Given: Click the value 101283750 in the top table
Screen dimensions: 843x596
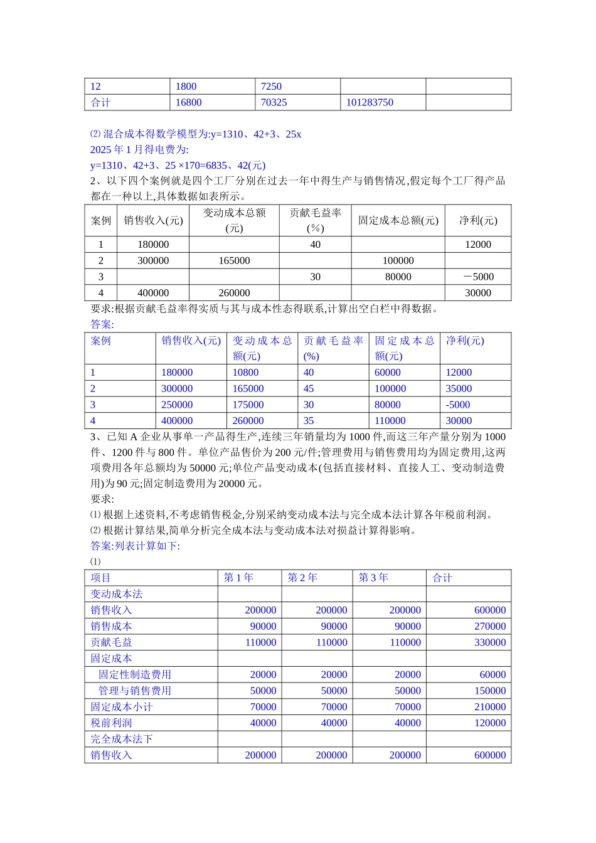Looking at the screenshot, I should (x=370, y=102).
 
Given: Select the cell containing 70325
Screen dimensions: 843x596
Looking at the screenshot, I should (x=274, y=102).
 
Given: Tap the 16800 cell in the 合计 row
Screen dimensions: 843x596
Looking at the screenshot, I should (x=188, y=102).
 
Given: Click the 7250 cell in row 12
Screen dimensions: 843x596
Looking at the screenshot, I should (x=271, y=87).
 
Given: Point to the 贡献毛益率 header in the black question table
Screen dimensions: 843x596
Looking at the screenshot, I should (x=315, y=220).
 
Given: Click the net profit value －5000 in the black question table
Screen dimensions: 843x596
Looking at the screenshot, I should (x=478, y=277).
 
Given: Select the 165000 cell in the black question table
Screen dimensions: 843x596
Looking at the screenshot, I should (x=234, y=260).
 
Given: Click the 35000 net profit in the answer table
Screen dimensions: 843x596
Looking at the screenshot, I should (x=459, y=389).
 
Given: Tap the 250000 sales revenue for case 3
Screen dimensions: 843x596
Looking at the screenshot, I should (x=177, y=405).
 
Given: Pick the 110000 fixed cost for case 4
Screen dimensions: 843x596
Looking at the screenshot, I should (x=390, y=421).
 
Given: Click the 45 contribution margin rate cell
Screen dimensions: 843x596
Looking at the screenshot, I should (x=309, y=389).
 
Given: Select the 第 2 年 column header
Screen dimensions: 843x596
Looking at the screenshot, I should (x=302, y=578).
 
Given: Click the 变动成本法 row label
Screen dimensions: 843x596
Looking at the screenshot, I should (x=117, y=594).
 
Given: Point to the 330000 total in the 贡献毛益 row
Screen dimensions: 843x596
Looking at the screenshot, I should (x=490, y=642).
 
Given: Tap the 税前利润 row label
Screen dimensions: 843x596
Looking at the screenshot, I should (x=111, y=723).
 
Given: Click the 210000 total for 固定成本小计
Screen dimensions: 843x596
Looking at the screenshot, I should (x=490, y=707).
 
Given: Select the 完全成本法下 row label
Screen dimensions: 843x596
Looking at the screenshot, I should (x=122, y=740).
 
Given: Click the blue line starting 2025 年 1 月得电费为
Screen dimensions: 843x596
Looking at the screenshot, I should (x=139, y=150).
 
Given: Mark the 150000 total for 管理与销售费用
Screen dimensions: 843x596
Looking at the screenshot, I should (x=490, y=691).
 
